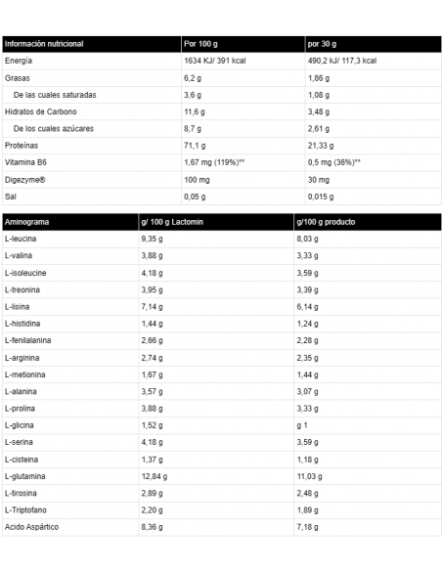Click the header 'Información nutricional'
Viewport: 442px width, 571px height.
[x=45, y=44]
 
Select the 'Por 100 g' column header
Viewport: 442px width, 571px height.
[x=202, y=44]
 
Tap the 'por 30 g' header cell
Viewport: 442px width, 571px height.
[x=323, y=44]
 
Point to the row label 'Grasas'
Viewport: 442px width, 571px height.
[x=18, y=77]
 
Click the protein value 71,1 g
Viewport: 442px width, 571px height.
[x=196, y=146]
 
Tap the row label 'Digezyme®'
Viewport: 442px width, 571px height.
[x=25, y=179]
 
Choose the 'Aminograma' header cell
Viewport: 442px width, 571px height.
[x=26, y=221]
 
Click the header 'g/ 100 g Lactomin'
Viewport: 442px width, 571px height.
[x=175, y=221]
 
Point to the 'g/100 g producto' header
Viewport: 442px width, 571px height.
[x=330, y=221]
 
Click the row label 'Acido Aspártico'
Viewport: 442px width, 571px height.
[x=33, y=527]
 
